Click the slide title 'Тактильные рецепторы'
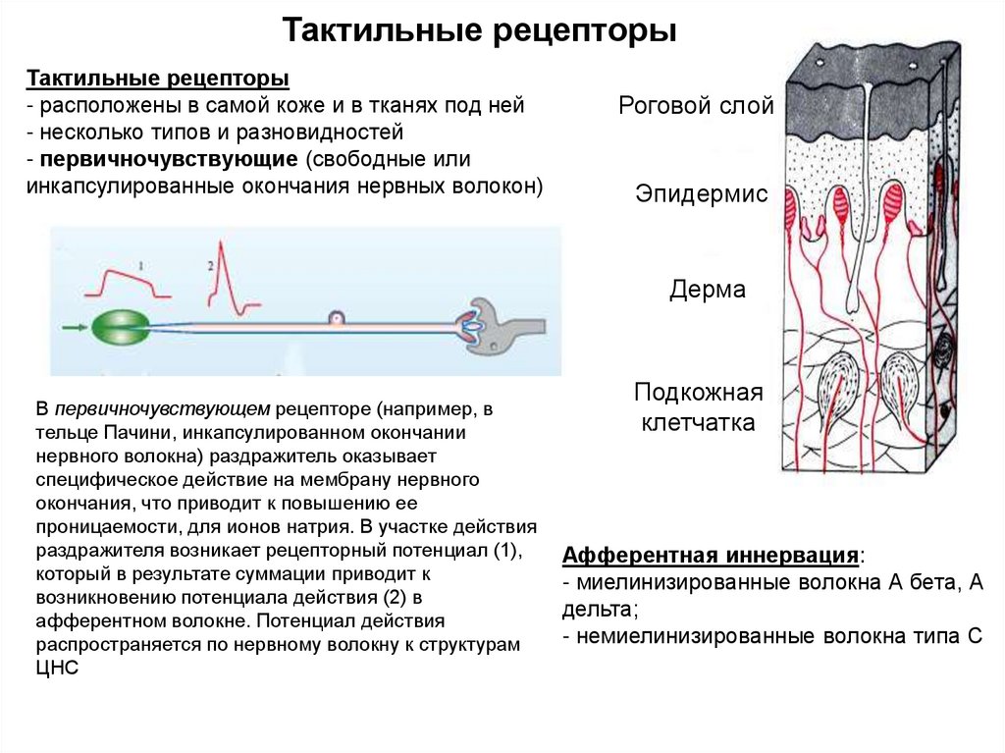(480, 30)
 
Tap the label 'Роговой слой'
(696, 106)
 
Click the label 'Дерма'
(708, 290)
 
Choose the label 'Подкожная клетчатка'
(698, 407)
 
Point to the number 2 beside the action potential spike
(210, 265)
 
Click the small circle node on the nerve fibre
(336, 318)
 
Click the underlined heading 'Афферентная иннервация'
(711, 556)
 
